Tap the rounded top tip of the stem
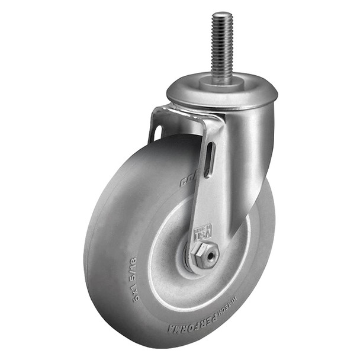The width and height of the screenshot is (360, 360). point(222,15)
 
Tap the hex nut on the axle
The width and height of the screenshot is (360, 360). point(205,255)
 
